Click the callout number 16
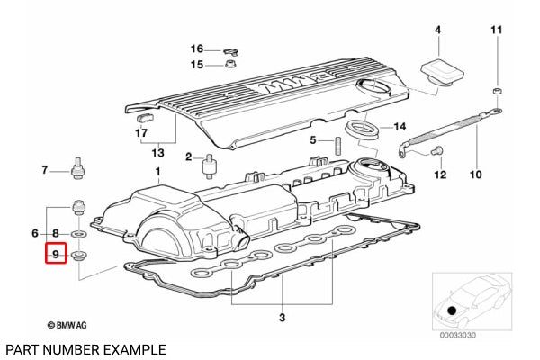coord(197,49)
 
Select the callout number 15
coord(197,65)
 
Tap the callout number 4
coord(437,31)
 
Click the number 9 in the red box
coord(55,256)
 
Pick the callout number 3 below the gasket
coord(282,318)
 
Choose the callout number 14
coord(400,126)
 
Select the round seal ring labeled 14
coord(363,127)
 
